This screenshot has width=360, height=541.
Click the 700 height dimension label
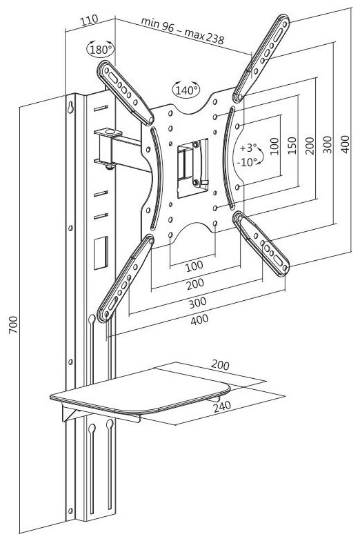[x=13, y=324]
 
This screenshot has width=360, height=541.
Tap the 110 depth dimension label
[x=90, y=21]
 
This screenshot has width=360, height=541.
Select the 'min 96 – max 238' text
[x=182, y=30]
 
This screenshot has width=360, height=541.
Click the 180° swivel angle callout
[x=101, y=50]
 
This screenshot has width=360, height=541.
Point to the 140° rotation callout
[x=186, y=90]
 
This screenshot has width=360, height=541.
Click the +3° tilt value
[x=248, y=148]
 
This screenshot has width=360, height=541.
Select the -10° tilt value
[x=247, y=161]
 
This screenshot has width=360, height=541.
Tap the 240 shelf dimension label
[x=222, y=406]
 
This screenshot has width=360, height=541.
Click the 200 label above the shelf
[x=220, y=364]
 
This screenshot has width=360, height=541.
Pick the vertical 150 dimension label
[x=292, y=146]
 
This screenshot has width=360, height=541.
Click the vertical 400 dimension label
[x=345, y=144]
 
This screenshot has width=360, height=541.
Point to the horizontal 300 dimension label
[x=197, y=302]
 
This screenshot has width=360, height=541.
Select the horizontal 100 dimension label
[x=194, y=266]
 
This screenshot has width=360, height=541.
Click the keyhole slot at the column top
[x=70, y=107]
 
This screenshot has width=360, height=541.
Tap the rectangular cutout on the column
[x=101, y=253]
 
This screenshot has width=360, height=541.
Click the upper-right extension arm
[x=261, y=58]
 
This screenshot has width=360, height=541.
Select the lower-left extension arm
[x=126, y=278]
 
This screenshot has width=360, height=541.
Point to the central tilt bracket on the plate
[x=192, y=168]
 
